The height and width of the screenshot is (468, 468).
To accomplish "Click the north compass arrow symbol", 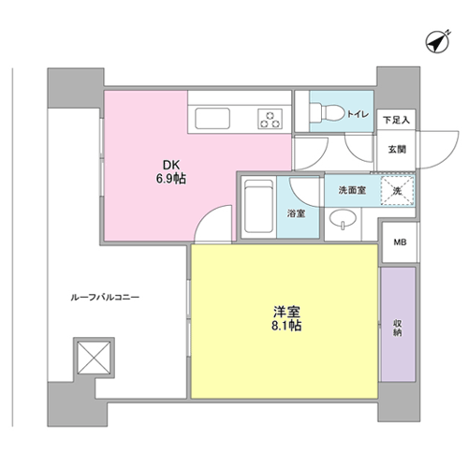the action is click(x=437, y=42).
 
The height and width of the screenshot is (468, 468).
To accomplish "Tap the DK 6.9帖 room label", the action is click(x=171, y=172).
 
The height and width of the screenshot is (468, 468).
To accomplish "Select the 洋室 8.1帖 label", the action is click(x=286, y=319).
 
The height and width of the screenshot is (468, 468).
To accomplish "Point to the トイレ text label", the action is click(x=358, y=114).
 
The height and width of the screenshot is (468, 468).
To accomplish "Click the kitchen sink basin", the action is click(x=212, y=118).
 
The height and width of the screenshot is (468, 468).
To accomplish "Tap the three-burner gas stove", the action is click(x=270, y=119).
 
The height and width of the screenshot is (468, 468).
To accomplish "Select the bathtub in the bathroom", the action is click(x=258, y=207).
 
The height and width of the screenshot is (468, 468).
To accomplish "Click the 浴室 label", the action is click(x=297, y=213).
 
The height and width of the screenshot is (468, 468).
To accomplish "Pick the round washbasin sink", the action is click(x=343, y=218).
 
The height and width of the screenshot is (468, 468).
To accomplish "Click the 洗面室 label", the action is click(x=352, y=190).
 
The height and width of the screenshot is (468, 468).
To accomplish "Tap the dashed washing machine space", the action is click(x=397, y=191).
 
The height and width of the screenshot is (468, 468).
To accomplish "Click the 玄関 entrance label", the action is click(x=397, y=150).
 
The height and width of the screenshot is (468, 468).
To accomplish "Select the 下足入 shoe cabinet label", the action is click(x=397, y=120).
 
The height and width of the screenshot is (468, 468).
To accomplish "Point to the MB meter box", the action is click(x=400, y=242).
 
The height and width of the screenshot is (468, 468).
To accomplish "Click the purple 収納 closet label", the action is click(x=397, y=329).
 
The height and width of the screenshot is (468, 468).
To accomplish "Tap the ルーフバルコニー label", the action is click(x=105, y=298).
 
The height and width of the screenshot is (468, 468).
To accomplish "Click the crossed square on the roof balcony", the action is click(x=94, y=358).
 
